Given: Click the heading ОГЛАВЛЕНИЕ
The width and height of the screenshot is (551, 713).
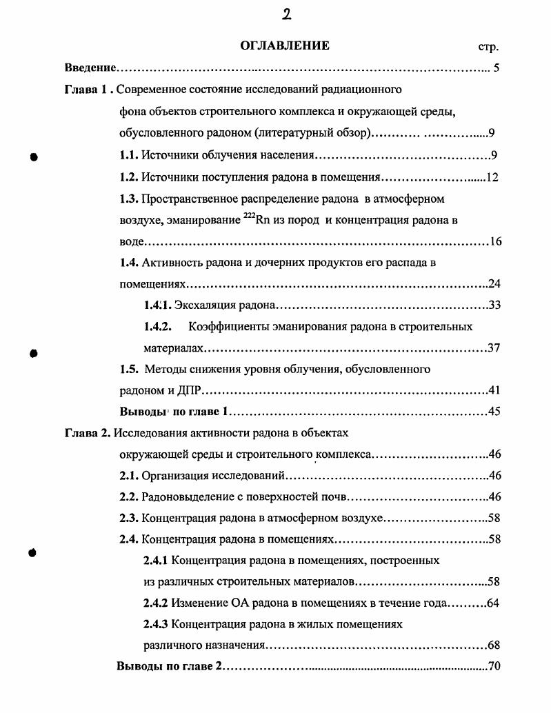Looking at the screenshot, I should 285,46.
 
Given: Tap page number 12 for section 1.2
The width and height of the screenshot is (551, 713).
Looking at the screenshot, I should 492,177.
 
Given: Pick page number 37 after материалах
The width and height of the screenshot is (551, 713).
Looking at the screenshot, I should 493,348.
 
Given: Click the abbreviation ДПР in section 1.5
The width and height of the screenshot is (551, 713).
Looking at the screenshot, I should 189,390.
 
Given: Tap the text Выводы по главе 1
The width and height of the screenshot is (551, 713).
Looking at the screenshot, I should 174,412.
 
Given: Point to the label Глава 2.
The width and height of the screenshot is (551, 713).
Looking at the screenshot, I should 88,434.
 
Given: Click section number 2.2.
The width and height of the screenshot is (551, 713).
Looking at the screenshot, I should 129,497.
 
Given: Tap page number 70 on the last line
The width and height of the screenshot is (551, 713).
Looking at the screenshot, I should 493,667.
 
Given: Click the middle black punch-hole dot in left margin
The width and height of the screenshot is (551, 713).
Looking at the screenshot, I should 32,353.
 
